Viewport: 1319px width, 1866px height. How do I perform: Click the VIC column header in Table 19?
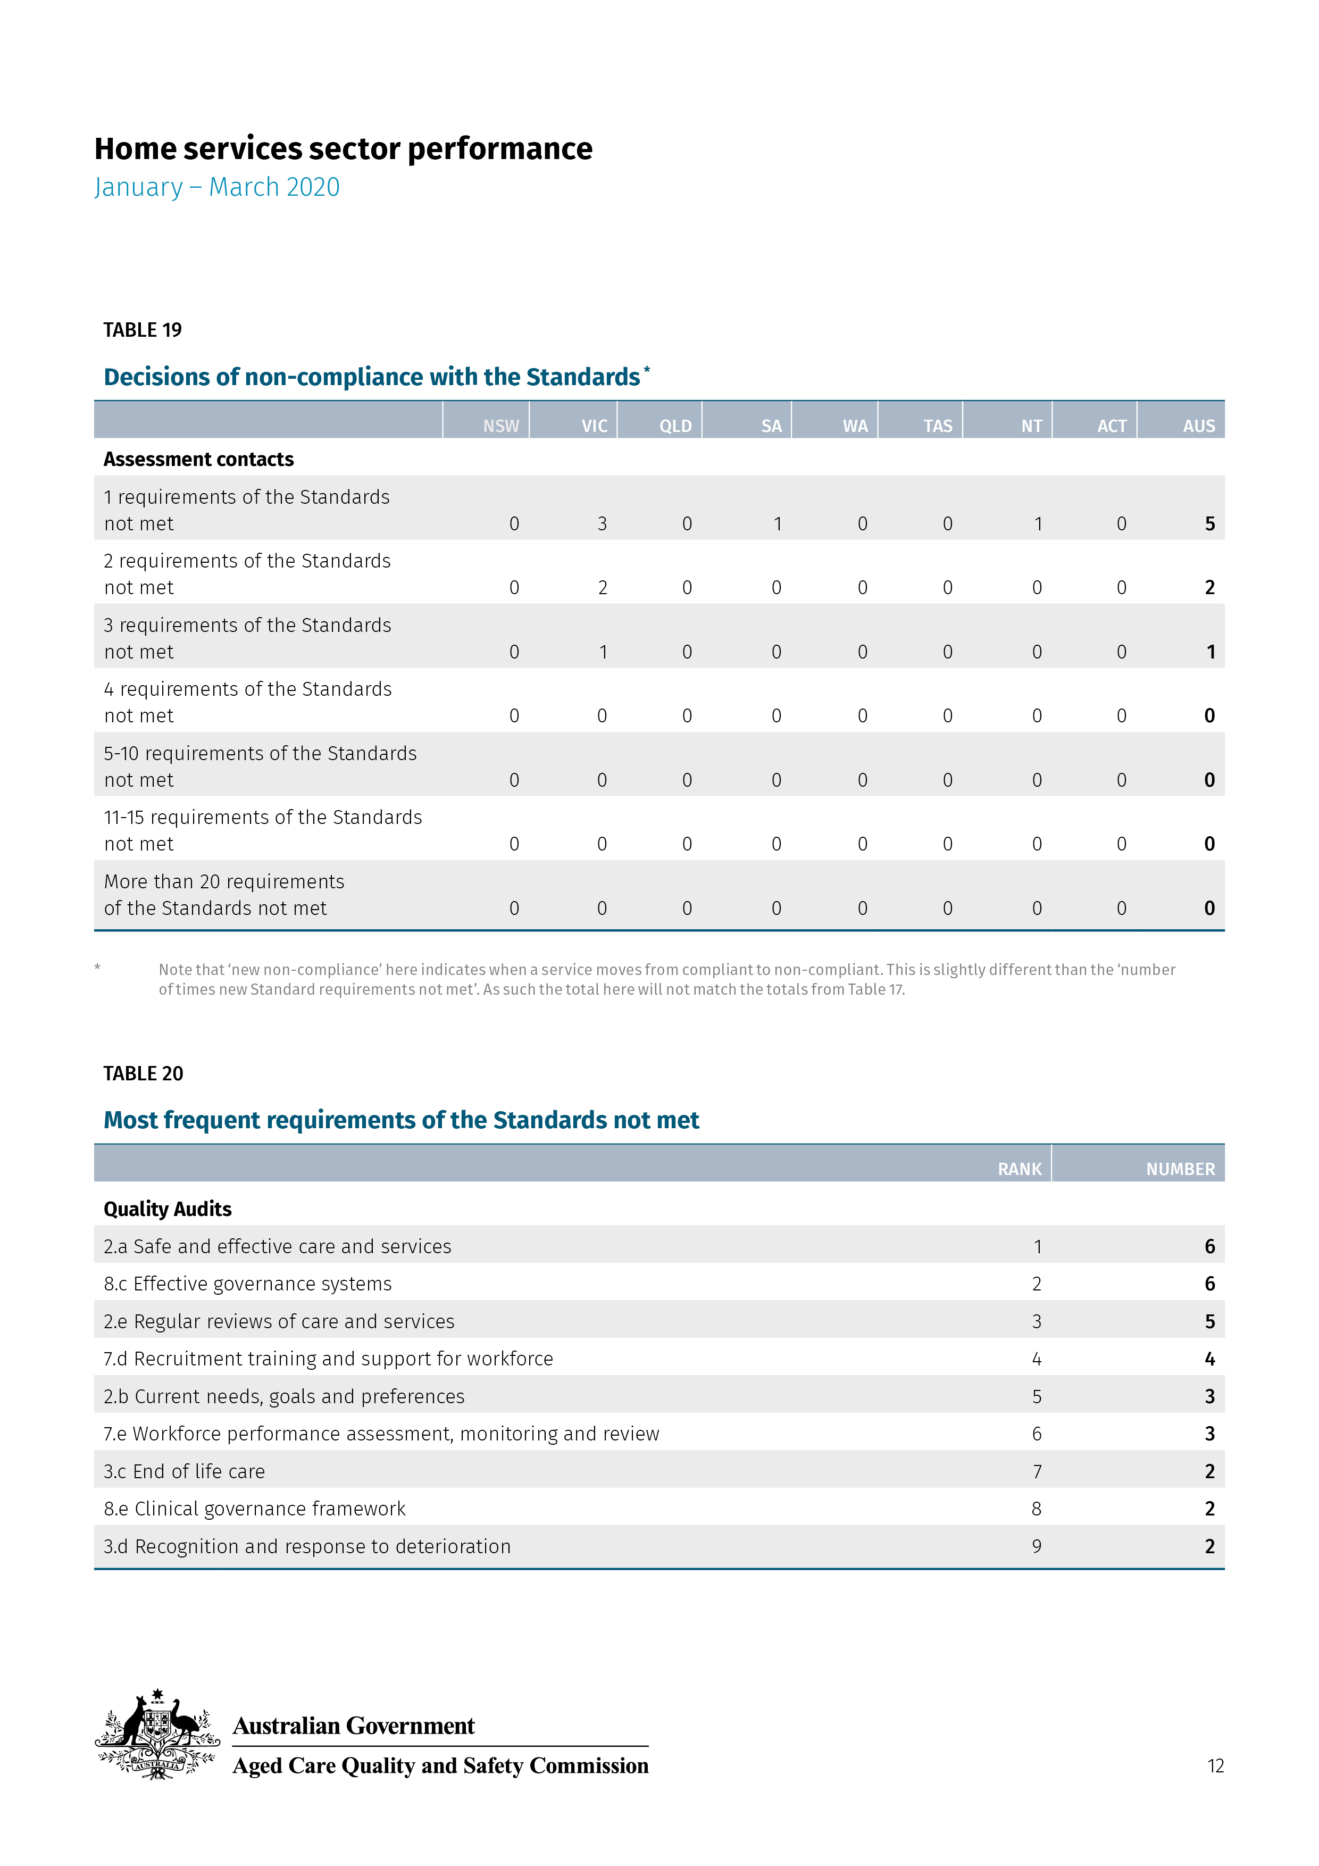coord(594,426)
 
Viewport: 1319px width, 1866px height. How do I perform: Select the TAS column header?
coord(937,426)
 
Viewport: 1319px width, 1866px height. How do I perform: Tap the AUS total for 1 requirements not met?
coord(1209,524)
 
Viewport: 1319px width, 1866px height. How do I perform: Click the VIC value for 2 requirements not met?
coord(602,588)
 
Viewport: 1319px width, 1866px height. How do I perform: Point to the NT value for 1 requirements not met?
coord(1038,524)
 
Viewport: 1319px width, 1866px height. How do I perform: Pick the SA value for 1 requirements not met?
coord(778,524)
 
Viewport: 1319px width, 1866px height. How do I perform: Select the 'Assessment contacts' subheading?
coord(198,459)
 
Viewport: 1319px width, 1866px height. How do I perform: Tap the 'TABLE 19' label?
coord(142,330)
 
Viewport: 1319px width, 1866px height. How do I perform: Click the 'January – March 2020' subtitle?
coord(217,187)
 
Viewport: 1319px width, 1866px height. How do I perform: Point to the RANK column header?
coord(1019,1169)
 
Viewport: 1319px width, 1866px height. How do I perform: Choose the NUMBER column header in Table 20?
coord(1180,1169)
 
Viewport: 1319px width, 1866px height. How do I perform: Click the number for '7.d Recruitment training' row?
coord(1209,1359)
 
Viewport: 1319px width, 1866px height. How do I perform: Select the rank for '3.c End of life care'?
coord(1037,1471)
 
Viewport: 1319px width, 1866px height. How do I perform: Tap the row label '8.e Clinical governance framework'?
coord(254,1509)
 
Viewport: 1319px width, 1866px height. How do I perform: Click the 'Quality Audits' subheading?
coord(168,1209)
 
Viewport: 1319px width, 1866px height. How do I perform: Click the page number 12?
coord(1215,1765)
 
